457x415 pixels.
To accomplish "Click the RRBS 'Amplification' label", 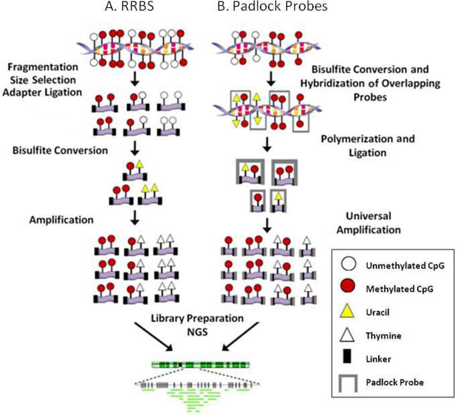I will pyautogui.click(x=62, y=220).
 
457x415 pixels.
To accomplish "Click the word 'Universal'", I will pyautogui.click(x=369, y=216).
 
